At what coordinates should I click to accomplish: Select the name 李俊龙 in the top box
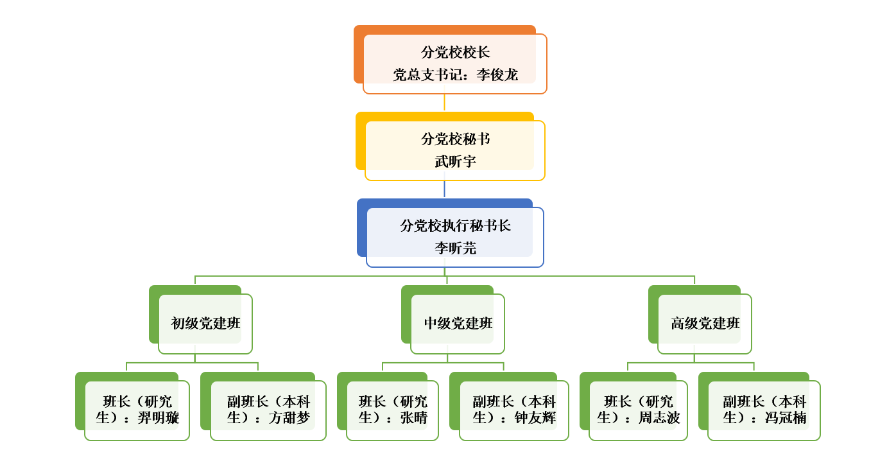click(x=497, y=75)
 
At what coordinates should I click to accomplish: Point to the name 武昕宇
click(x=455, y=162)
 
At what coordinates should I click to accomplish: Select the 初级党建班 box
click(x=205, y=324)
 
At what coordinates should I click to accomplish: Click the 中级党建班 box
click(x=458, y=324)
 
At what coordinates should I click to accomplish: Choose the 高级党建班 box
click(x=705, y=324)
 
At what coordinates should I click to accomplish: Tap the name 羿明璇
click(x=159, y=418)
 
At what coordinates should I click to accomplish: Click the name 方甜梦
click(x=289, y=418)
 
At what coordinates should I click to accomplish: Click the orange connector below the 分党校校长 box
click(x=444, y=103)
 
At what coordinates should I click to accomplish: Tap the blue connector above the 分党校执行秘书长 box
click(x=444, y=189)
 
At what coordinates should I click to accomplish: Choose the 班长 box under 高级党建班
click(x=638, y=410)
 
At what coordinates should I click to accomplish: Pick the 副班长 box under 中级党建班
click(x=513, y=410)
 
